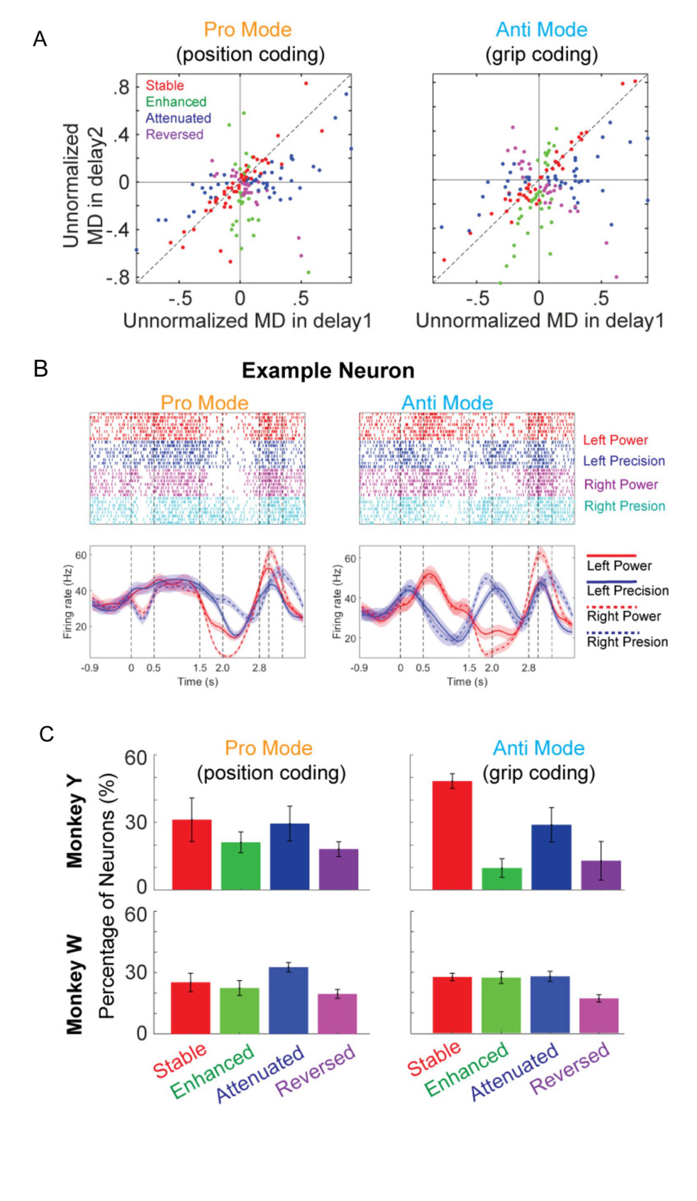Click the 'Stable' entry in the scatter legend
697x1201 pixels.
pyautogui.click(x=165, y=85)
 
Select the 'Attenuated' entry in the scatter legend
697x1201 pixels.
pyautogui.click(x=179, y=118)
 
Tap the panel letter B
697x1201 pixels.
pyautogui.click(x=40, y=369)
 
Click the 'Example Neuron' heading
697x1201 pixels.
pyautogui.click(x=328, y=371)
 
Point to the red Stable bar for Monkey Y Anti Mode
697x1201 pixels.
pyautogui.click(x=452, y=835)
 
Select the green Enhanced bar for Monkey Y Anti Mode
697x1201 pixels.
pyautogui.click(x=502, y=879)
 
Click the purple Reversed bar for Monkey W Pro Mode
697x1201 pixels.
pyautogui.click(x=337, y=1014)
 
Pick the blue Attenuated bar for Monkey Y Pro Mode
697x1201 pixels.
pyautogui.click(x=289, y=857)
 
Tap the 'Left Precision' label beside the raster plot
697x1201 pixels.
pyautogui.click(x=623, y=461)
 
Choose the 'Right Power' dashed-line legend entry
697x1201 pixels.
pyautogui.click(x=623, y=616)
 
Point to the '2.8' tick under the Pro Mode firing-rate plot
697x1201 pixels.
pyautogui.click(x=260, y=668)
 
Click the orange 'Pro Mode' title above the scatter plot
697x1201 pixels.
pyautogui.click(x=248, y=30)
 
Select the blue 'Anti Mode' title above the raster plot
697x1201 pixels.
pyautogui.click(x=447, y=402)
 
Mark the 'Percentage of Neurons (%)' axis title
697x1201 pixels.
pyautogui.click(x=106, y=896)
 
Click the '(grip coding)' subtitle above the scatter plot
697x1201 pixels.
pyautogui.click(x=542, y=54)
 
